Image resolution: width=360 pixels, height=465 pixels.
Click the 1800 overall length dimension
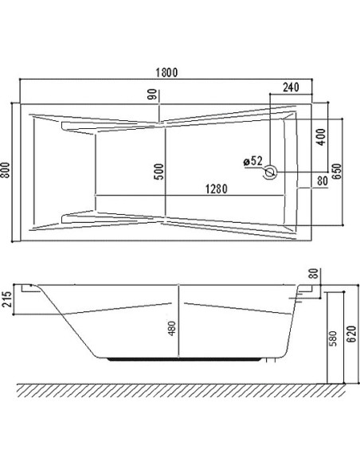coord(166,72)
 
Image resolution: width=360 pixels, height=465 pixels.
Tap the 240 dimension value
coord(291,88)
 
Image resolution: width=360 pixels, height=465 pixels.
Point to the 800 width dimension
coord(6,170)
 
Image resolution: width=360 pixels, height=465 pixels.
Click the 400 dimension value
coord(321,137)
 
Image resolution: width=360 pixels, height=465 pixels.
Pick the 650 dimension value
coord(337,171)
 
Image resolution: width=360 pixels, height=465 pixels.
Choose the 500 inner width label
coord(159,172)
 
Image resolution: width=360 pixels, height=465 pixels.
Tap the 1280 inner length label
coord(217,189)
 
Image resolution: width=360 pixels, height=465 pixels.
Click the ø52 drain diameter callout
coord(253,161)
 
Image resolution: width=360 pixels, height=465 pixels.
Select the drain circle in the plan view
coord(270,172)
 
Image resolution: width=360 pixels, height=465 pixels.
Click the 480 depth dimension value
coord(172,329)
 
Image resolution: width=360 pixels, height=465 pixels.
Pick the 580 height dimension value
coord(333,338)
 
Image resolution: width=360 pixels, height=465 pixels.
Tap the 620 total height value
coord(352,334)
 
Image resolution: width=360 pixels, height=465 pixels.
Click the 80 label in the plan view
coord(323,181)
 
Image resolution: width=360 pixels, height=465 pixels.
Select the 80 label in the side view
coord(314,273)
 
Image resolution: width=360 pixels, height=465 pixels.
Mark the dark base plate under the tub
coord(185,359)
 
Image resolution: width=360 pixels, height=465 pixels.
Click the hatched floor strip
coord(181,391)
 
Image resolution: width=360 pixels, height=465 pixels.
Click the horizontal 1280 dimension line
coord(190,195)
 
